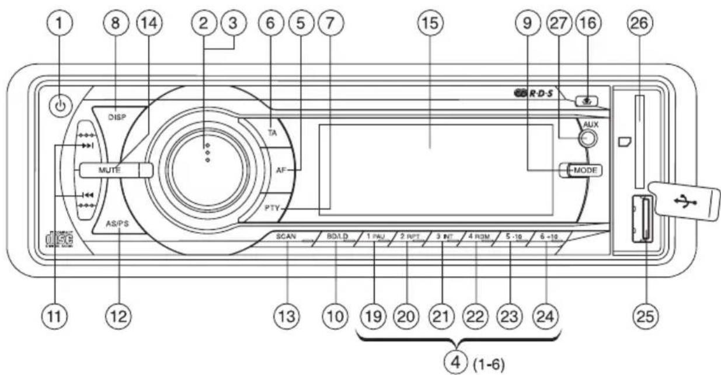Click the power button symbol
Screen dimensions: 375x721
[x=62, y=107]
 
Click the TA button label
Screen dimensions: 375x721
[x=271, y=133]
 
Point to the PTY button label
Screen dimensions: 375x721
[x=272, y=207]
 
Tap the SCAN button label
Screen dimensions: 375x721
[x=287, y=237]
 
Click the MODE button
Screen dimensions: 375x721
[x=584, y=170]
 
